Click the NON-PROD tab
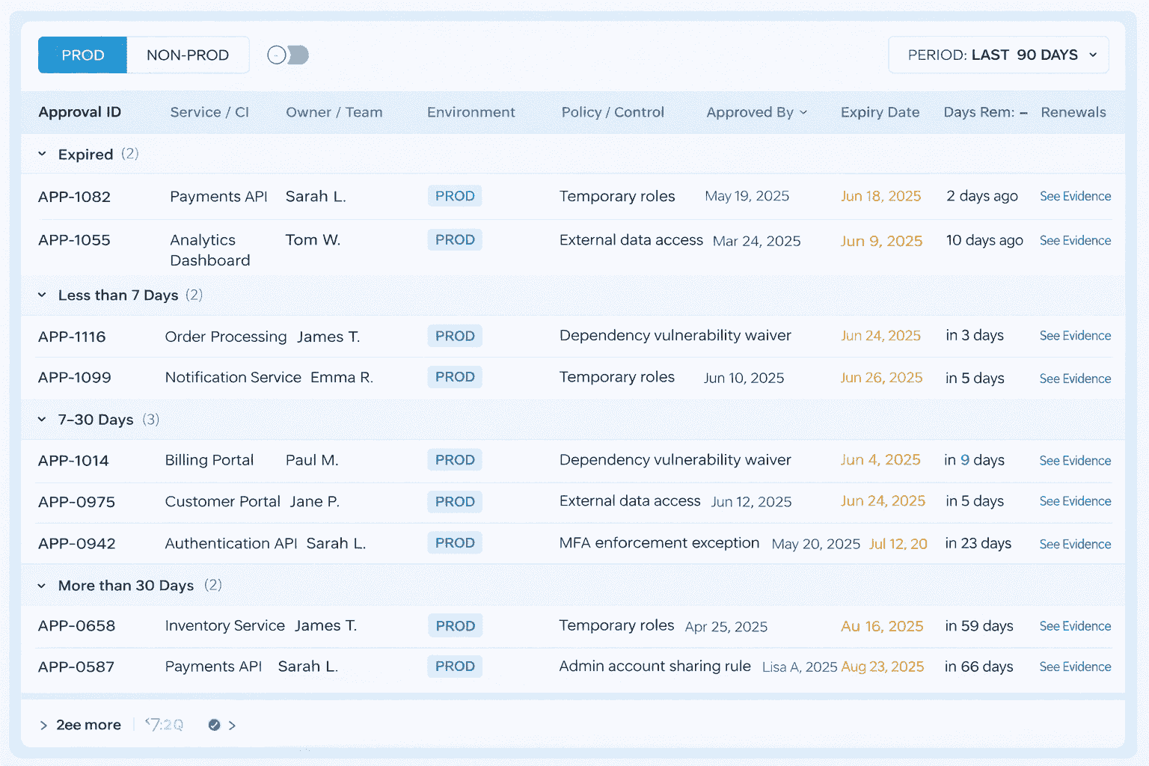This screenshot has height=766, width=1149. pyautogui.click(x=187, y=55)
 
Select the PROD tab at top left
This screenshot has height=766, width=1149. pyautogui.click(x=82, y=55)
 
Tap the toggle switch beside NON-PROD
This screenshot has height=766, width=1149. pyautogui.click(x=288, y=55)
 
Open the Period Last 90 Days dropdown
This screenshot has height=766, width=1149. pyautogui.click(x=998, y=55)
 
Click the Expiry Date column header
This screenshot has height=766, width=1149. pyautogui.click(x=880, y=112)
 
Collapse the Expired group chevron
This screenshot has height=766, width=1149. pyautogui.click(x=43, y=154)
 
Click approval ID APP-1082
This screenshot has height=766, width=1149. pyautogui.click(x=74, y=197)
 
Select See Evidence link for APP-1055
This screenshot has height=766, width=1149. pyautogui.click(x=1075, y=241)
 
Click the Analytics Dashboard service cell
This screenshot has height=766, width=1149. pyautogui.click(x=209, y=250)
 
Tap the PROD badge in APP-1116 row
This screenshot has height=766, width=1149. pyautogui.click(x=455, y=336)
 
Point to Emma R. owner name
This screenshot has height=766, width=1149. pyautogui.click(x=341, y=378)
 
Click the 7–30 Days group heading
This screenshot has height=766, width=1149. pyautogui.click(x=96, y=420)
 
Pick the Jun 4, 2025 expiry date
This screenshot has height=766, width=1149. pyautogui.click(x=880, y=460)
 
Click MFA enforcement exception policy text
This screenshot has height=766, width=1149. pyautogui.click(x=659, y=543)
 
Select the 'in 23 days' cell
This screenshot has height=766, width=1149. pyautogui.click(x=978, y=543)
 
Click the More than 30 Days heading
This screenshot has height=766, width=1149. pyautogui.click(x=126, y=586)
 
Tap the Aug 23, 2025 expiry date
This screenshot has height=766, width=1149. pyautogui.click(x=883, y=667)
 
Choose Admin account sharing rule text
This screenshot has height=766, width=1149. pyautogui.click(x=655, y=667)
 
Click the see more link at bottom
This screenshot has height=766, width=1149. pyautogui.click(x=88, y=725)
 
